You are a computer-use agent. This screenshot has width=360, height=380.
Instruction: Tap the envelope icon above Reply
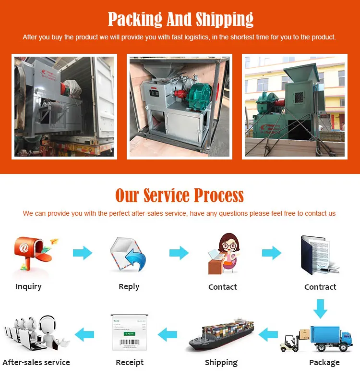(x=128, y=254)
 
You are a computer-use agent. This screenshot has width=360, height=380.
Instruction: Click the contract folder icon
(x=318, y=255)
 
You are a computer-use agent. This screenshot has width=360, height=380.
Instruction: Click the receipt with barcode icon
(x=129, y=333)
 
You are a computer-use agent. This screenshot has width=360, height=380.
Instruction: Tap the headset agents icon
(x=36, y=332)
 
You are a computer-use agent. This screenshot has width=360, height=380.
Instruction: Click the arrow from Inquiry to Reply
(x=83, y=253)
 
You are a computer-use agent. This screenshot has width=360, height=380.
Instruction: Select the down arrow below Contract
(x=320, y=308)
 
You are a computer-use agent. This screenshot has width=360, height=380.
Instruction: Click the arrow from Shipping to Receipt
(x=168, y=333)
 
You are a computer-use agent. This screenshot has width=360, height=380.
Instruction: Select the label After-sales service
(x=36, y=362)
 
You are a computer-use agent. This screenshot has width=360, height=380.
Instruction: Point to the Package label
(x=324, y=362)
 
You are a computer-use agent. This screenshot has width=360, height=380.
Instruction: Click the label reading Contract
(x=320, y=287)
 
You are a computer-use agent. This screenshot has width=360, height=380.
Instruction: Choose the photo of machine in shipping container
(x=64, y=106)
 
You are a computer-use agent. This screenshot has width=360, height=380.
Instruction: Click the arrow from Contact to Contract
(x=272, y=253)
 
